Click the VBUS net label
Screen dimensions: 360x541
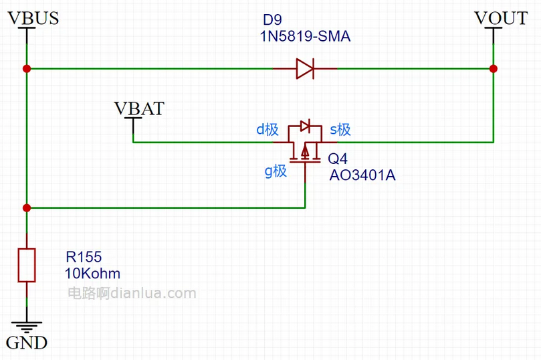(33, 18)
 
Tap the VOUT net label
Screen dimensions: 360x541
(500, 18)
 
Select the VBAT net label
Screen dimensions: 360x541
(139, 108)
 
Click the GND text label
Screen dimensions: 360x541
(27, 343)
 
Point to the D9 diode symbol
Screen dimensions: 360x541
(305, 68)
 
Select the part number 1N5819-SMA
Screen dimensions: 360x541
(305, 37)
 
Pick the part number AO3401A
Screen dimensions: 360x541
(362, 175)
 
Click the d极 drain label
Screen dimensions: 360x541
(267, 130)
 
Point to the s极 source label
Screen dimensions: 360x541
(340, 130)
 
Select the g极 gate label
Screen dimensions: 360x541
(276, 171)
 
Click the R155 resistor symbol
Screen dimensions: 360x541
(26, 265)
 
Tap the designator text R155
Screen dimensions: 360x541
(83, 257)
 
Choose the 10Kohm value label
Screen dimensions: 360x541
(93, 273)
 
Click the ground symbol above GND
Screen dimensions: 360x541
(26, 326)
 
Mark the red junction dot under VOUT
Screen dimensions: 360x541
(493, 68)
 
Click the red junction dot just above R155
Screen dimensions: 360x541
(26, 208)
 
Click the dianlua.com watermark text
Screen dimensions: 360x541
(132, 293)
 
